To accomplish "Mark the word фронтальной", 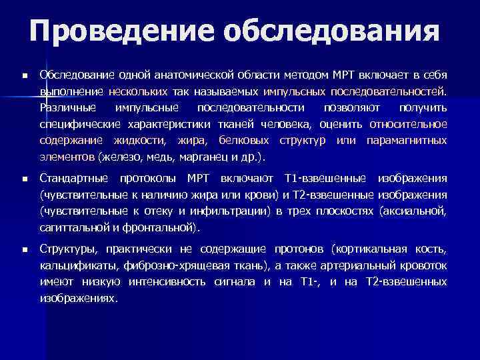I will click(167, 229).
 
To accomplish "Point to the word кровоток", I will click(425, 265).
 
